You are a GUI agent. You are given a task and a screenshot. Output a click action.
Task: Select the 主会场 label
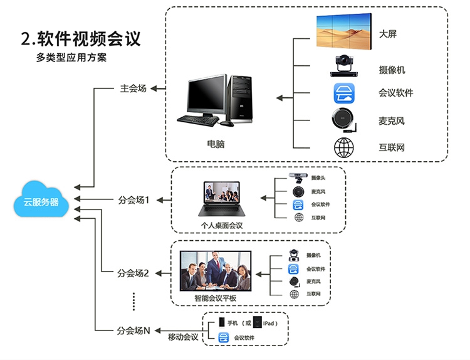133,88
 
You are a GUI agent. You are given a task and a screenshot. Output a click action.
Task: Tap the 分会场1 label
133,200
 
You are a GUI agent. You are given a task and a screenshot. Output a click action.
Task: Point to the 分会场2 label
133,273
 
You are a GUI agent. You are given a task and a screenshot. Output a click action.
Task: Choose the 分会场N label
133,330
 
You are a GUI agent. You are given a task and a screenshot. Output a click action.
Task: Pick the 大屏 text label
387,34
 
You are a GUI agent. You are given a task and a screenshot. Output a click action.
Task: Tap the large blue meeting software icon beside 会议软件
343,93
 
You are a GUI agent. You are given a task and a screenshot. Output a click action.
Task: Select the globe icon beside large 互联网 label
343,147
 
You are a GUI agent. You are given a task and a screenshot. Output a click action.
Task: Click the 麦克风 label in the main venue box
392,120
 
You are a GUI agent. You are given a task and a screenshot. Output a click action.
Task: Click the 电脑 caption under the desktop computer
216,144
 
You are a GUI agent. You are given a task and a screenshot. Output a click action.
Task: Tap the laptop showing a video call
220,199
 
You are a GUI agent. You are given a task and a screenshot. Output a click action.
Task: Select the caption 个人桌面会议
221,225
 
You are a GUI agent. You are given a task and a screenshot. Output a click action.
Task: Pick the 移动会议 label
183,337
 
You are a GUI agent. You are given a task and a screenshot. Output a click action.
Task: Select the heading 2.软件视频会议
80,38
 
